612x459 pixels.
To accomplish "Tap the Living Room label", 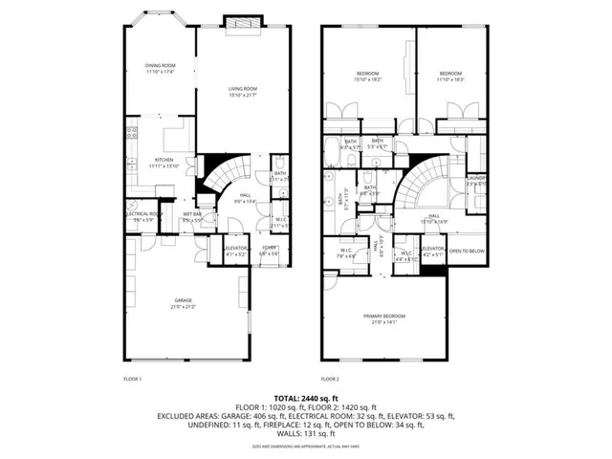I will click(242, 92).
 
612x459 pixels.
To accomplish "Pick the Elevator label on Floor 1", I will click(235, 251).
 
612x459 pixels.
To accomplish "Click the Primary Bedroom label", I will click(383, 317).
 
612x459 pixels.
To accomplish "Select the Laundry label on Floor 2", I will click(477, 180).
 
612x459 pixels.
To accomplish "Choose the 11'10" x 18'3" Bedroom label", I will click(450, 76).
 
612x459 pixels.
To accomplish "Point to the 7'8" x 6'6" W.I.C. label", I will click(345, 252).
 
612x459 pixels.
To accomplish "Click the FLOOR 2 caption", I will click(330, 380).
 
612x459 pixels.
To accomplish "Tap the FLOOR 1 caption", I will click(132, 380).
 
